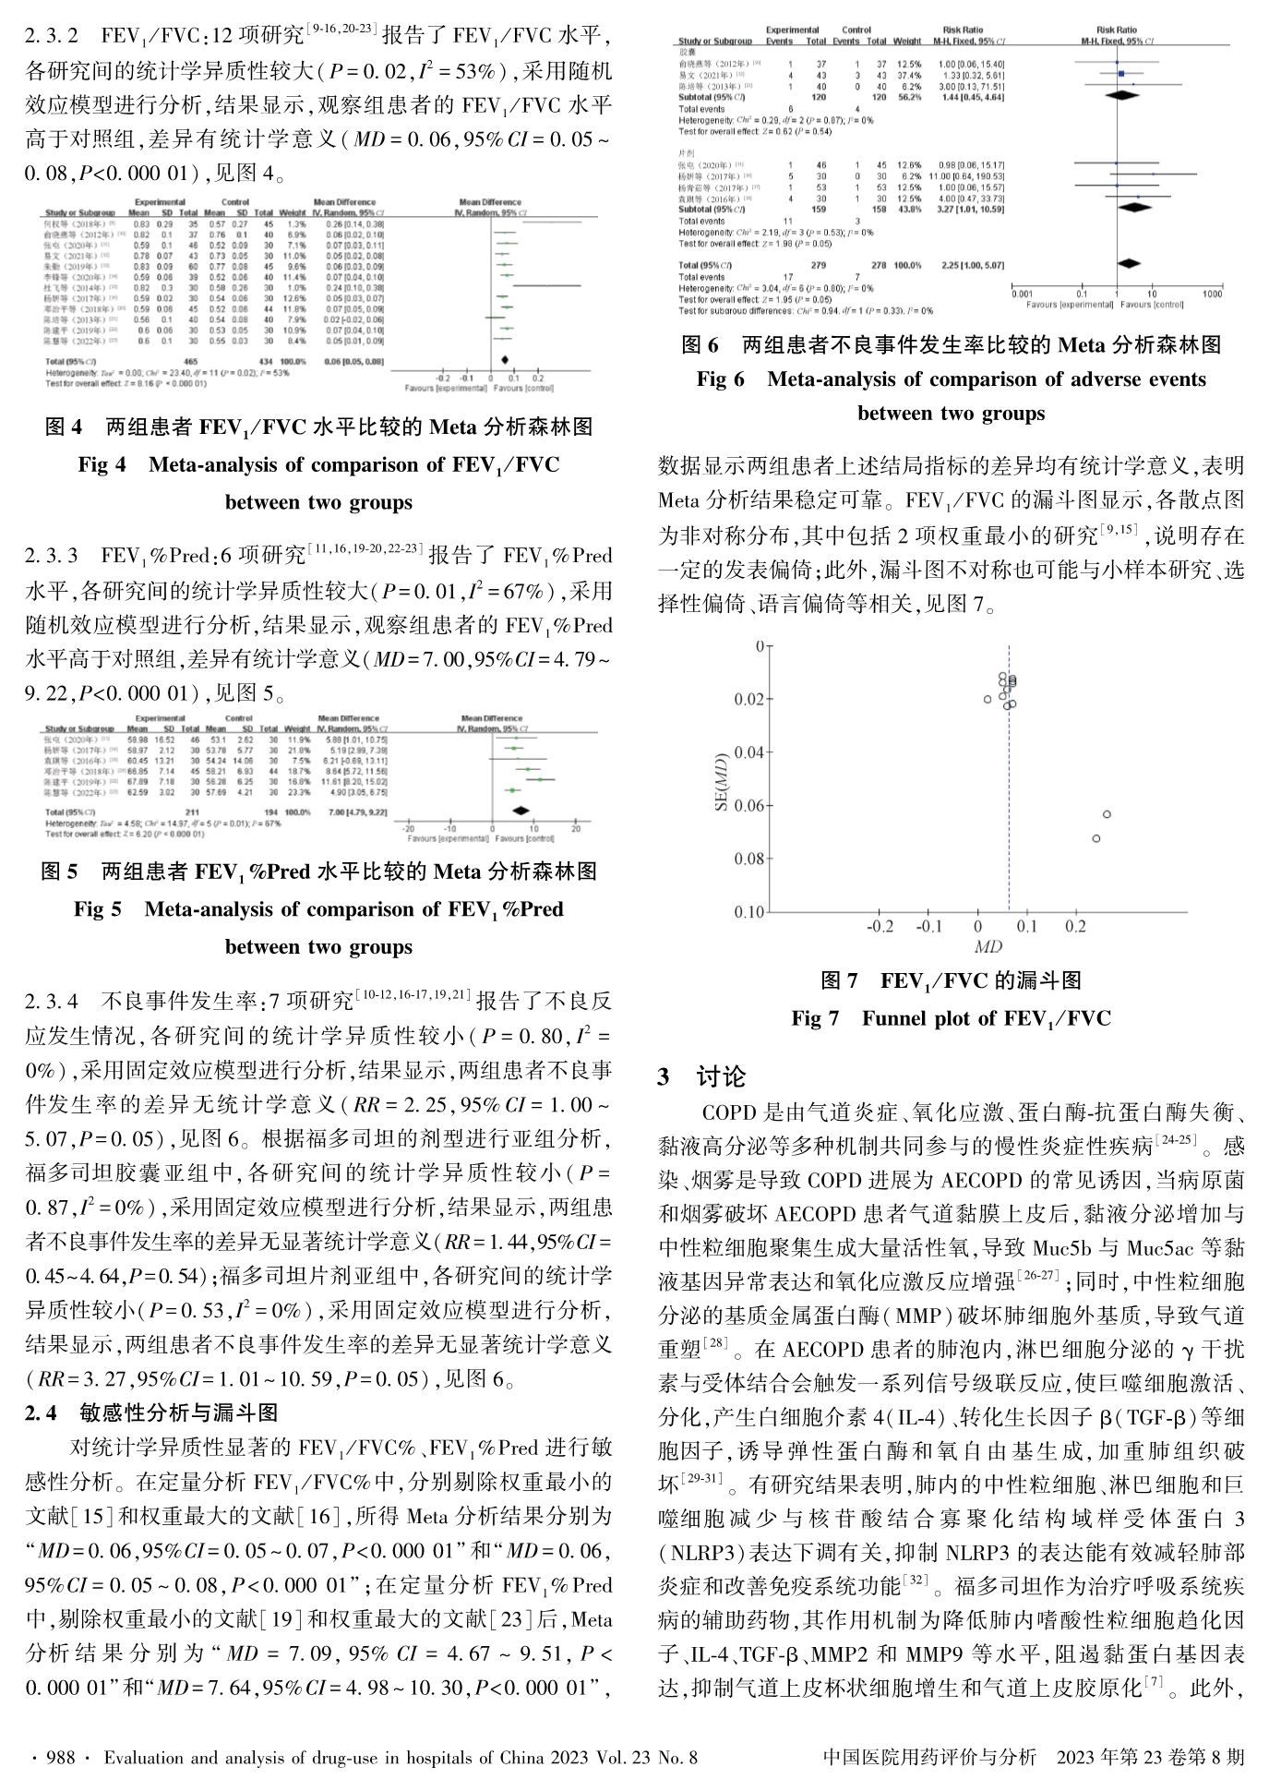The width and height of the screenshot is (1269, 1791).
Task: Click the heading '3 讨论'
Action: [x=702, y=1077]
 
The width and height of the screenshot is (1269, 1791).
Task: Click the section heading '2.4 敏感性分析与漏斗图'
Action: [x=151, y=1413]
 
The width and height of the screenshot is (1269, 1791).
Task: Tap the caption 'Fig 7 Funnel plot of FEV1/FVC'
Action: [x=951, y=1018]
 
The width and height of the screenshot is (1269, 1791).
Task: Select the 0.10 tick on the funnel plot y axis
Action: [x=750, y=912]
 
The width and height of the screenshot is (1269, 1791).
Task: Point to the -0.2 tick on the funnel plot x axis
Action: [x=880, y=927]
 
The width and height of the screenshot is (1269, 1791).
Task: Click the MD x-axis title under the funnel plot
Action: [x=988, y=947]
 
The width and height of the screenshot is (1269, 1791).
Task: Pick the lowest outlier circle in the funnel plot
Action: [x=1095, y=838]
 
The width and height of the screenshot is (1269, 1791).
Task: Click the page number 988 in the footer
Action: [x=60, y=1758]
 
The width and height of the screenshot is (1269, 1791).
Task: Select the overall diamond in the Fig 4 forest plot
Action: [x=505, y=359]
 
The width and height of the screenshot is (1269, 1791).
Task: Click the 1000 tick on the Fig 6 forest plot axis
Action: [x=1211, y=294]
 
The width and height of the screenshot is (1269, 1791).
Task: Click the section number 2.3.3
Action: [x=54, y=556]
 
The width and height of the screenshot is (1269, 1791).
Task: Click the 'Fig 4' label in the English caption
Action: [x=102, y=464]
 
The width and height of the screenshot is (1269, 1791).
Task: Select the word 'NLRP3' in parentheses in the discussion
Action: [x=700, y=1552]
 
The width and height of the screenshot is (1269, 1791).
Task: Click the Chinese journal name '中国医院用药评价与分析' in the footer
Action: [x=928, y=1758]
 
